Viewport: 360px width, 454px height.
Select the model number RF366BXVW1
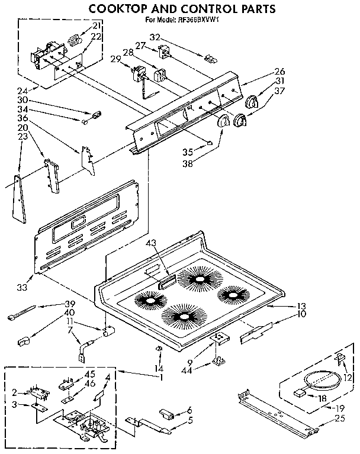[196, 20]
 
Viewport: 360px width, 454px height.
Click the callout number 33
[22, 288]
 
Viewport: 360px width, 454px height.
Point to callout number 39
[69, 304]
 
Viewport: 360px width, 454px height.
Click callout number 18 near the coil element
[322, 398]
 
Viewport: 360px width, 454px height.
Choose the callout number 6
[189, 410]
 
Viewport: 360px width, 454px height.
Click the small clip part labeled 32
[208, 58]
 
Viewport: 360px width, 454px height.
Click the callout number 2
[14, 392]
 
